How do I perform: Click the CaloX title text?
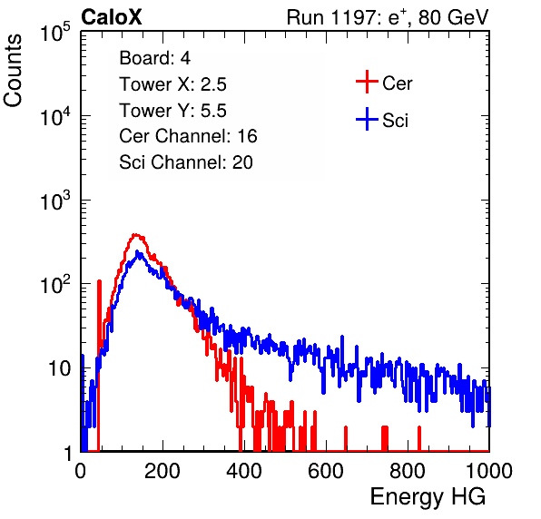click(112, 17)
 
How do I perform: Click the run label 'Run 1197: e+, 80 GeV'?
click(388, 17)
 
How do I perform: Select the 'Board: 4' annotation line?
click(154, 58)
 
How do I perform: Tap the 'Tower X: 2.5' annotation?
click(172, 84)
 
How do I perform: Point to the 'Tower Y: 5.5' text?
click(172, 111)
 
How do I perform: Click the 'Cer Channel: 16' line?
click(188, 136)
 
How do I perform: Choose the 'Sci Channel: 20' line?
click(186, 162)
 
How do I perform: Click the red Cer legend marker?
click(367, 82)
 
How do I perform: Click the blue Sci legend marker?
click(367, 119)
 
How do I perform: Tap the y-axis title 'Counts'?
click(13, 71)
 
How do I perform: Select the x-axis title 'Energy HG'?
click(428, 497)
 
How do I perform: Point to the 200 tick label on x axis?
click(162, 471)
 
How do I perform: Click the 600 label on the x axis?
click(326, 471)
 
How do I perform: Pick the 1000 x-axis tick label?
click(489, 471)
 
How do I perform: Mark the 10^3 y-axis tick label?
click(55, 201)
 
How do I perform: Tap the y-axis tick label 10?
click(59, 368)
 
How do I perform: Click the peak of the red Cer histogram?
click(135, 235)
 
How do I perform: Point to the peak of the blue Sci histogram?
click(137, 251)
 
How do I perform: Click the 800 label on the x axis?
click(408, 471)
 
